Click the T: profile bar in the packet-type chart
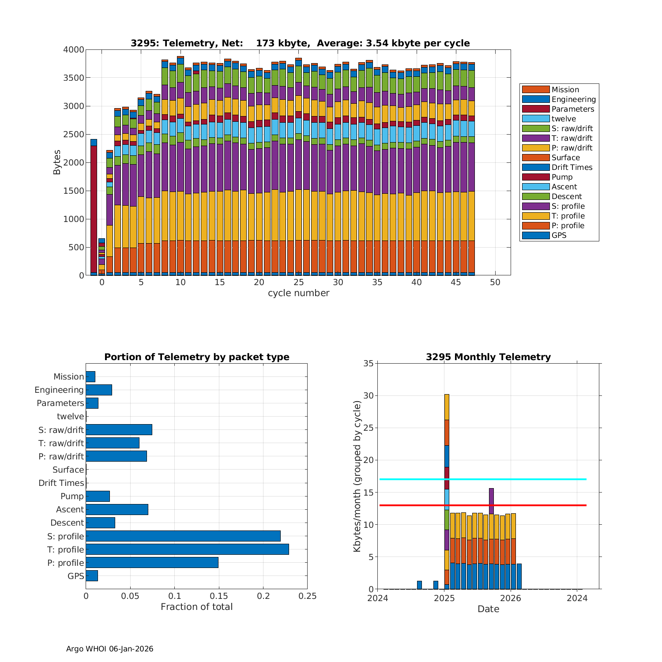(187, 549)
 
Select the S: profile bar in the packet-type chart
(183, 536)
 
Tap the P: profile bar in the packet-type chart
(152, 562)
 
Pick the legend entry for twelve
(564, 119)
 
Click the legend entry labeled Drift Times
(572, 167)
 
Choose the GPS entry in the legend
(559, 235)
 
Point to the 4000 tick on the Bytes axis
(73, 50)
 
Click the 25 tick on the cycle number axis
(299, 282)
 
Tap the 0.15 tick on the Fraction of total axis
(219, 596)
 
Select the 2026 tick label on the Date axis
(511, 598)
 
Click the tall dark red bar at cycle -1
(94, 207)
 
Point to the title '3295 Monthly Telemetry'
(488, 357)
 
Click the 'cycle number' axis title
(298, 293)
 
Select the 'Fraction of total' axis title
(196, 607)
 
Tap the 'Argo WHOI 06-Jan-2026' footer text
(109, 649)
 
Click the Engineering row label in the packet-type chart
(59, 390)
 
